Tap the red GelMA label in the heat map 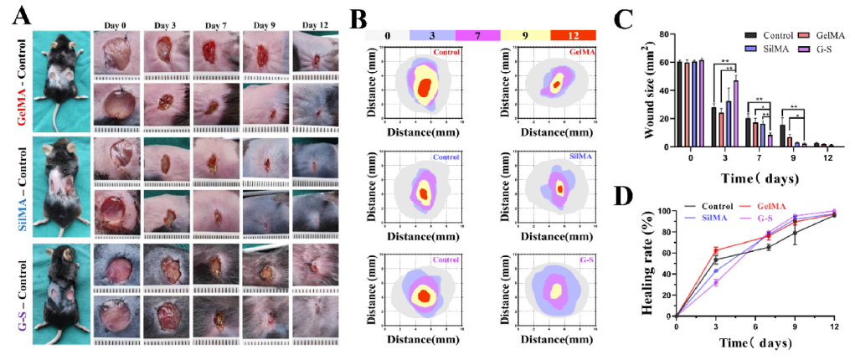[x=577, y=52]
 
